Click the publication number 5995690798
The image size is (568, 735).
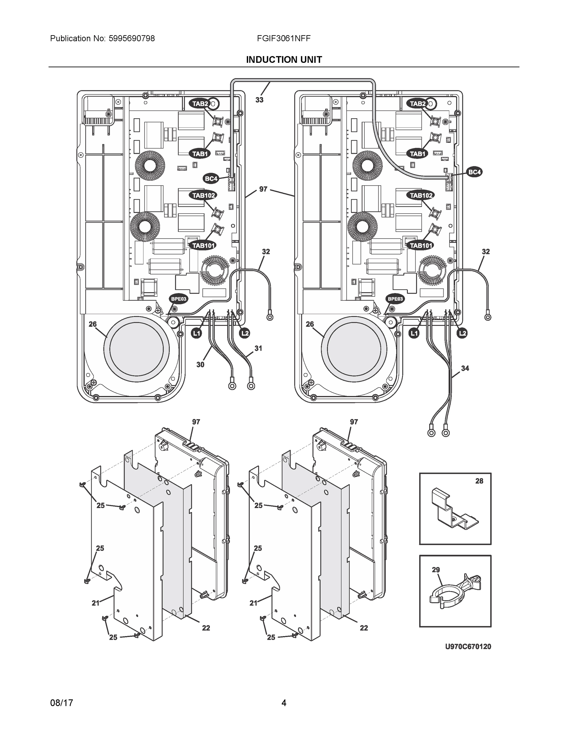point(132,38)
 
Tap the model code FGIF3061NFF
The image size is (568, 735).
point(283,38)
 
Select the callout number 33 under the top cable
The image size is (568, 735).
point(259,100)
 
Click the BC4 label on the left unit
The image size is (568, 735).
point(211,178)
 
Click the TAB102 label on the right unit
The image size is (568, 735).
point(421,195)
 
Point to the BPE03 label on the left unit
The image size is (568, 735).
point(178,299)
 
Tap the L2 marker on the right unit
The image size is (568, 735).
point(463,333)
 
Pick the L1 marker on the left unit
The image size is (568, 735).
point(196,333)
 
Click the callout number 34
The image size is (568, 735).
point(465,368)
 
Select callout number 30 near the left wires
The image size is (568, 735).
point(200,364)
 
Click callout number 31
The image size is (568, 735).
point(258,348)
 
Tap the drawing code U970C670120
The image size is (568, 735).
point(468,646)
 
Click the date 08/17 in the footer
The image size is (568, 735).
point(62,703)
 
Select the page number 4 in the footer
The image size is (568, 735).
point(284,703)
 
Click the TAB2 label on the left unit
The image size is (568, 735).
point(200,104)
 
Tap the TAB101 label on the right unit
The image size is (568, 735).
point(421,245)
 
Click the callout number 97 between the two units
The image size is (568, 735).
point(263,189)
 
